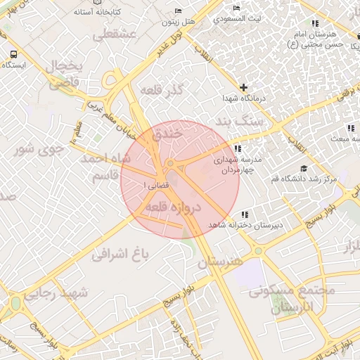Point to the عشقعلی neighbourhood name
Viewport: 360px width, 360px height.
click(x=103, y=34)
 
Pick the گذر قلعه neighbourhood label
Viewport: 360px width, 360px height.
click(x=162, y=91)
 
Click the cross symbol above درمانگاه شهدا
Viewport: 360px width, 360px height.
click(x=243, y=88)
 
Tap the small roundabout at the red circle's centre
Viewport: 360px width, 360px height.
click(x=171, y=164)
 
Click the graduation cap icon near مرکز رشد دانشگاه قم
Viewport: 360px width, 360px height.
click(x=303, y=168)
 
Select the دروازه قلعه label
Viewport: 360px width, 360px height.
click(x=173, y=208)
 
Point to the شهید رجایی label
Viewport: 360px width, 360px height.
click(x=56, y=294)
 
